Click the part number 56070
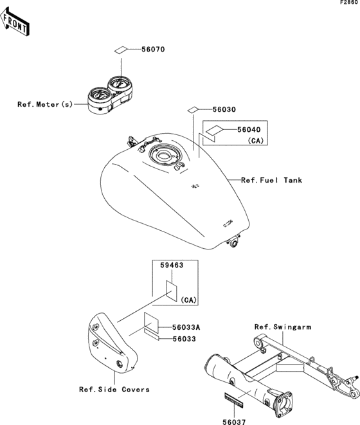click(x=153, y=50)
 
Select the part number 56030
click(x=224, y=109)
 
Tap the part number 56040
click(x=249, y=130)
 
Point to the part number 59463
click(x=172, y=265)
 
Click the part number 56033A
click(x=186, y=327)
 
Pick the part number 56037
click(x=234, y=422)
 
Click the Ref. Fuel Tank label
click(x=272, y=180)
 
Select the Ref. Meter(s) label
click(x=45, y=104)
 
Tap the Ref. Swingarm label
click(x=283, y=327)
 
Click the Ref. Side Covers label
click(x=114, y=390)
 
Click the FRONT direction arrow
click(x=15, y=22)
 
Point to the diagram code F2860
click(x=349, y=3)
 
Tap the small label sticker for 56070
click(x=120, y=50)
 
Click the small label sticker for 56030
click(x=193, y=110)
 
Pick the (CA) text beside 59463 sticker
click(x=188, y=300)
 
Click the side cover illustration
click(x=112, y=343)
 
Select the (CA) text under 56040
click(x=256, y=141)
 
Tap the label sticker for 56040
click(x=214, y=130)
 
